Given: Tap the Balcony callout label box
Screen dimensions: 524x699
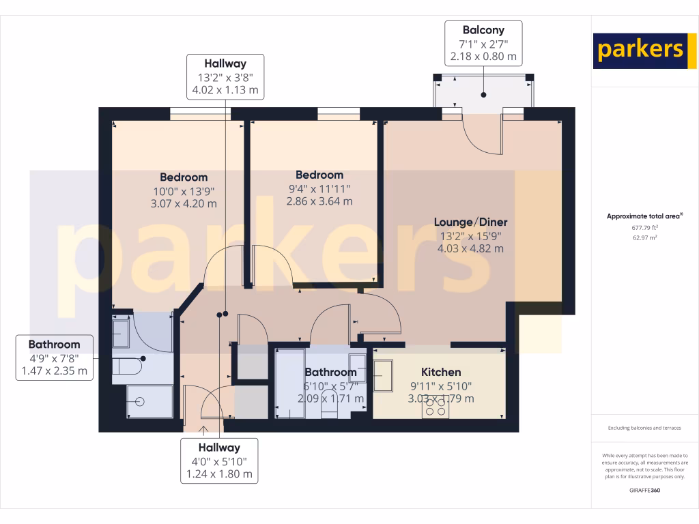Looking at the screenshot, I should coord(483,43).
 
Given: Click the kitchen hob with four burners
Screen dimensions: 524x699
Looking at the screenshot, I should coord(436,407).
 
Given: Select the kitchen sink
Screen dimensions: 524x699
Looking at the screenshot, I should coord(382,376).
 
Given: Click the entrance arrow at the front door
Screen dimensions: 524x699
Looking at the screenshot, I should coord(203,430).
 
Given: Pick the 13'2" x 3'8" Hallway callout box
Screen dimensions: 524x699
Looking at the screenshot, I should coord(225,76).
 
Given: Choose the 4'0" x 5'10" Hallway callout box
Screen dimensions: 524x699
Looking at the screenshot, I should coord(219,461).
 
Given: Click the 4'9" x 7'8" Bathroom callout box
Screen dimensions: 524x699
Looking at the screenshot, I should coord(54,358).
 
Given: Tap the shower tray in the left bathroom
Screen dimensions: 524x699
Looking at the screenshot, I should coord(149,401).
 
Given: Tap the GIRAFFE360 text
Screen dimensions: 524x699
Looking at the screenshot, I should coord(644,491).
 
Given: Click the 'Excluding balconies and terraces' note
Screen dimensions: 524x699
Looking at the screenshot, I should coord(644,428).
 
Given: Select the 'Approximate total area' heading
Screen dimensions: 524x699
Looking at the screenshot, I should coord(644,216).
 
